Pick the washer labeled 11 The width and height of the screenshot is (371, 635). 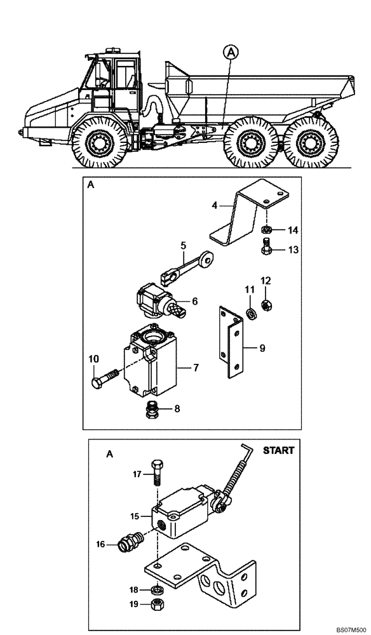coord(252,312)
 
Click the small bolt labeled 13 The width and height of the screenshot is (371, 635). coord(267,248)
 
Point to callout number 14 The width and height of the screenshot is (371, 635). coord(293,230)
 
